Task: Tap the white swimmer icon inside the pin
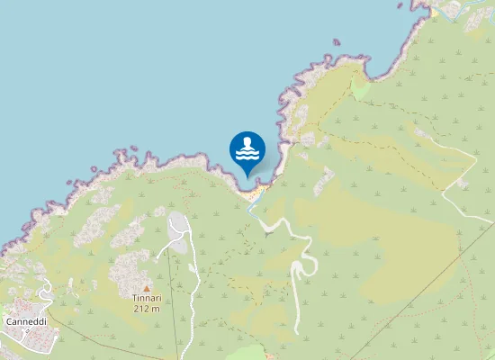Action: coord(247,149)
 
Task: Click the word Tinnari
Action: coord(147,299)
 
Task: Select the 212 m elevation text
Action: coord(147,309)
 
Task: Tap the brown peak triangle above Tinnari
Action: coord(147,288)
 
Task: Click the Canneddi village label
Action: coord(26,321)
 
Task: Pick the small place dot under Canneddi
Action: coord(26,330)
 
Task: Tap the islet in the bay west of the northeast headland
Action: coord(336,40)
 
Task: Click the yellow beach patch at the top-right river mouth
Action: coord(435,13)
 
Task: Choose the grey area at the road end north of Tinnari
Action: coord(179,234)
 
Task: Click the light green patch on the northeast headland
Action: coord(360,89)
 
